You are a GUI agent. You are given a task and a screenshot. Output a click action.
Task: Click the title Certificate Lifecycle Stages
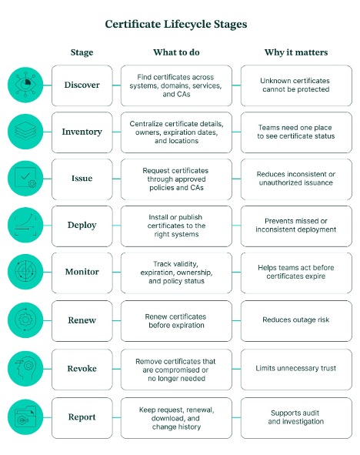click(x=176, y=24)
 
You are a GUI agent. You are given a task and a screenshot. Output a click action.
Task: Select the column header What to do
click(x=176, y=52)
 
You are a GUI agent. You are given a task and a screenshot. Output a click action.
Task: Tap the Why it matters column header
click(x=296, y=52)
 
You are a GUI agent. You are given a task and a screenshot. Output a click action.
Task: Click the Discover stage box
click(x=82, y=85)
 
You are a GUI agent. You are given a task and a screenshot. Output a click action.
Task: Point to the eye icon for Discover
click(x=25, y=85)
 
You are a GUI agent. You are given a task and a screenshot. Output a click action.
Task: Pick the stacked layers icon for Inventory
click(x=25, y=132)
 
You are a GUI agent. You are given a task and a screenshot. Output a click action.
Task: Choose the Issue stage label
click(x=82, y=178)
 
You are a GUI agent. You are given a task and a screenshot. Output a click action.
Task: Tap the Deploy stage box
click(x=82, y=226)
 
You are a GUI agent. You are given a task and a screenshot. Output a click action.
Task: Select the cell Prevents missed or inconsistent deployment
click(x=296, y=226)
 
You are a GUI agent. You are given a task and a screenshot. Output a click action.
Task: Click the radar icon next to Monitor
click(x=25, y=272)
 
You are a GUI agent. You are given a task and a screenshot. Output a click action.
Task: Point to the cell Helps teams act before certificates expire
click(x=296, y=273)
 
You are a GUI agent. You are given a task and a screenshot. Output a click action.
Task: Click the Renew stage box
click(x=82, y=320)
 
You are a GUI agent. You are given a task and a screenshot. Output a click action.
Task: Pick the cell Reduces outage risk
click(x=296, y=320)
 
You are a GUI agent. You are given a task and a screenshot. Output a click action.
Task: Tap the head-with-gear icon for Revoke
click(x=25, y=369)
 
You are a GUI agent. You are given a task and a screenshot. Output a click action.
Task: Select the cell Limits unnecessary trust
click(x=296, y=369)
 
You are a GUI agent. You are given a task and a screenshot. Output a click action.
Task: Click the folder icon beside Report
click(x=25, y=417)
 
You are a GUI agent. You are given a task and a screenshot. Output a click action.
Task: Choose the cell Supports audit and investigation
click(x=296, y=417)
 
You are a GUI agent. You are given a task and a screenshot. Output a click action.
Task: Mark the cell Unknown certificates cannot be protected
click(x=296, y=85)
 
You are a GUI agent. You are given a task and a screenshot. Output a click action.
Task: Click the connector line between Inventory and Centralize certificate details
click(x=116, y=132)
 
